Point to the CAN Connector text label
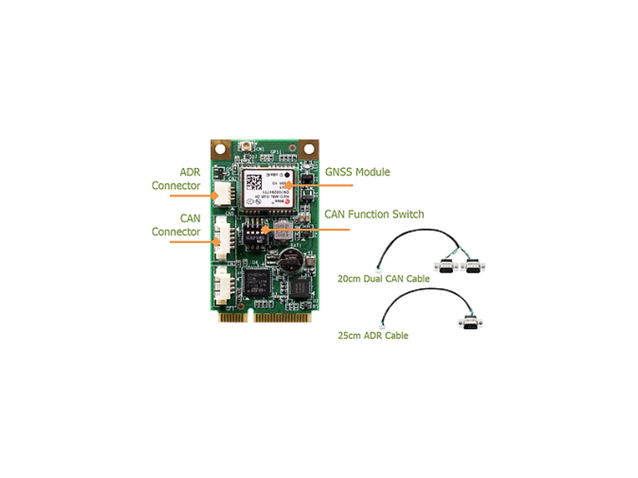(x=176, y=224)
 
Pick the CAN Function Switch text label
(x=374, y=214)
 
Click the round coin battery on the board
(x=289, y=259)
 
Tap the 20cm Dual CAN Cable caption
(x=379, y=279)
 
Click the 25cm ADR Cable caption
(x=373, y=335)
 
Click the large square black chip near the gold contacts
(x=258, y=282)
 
